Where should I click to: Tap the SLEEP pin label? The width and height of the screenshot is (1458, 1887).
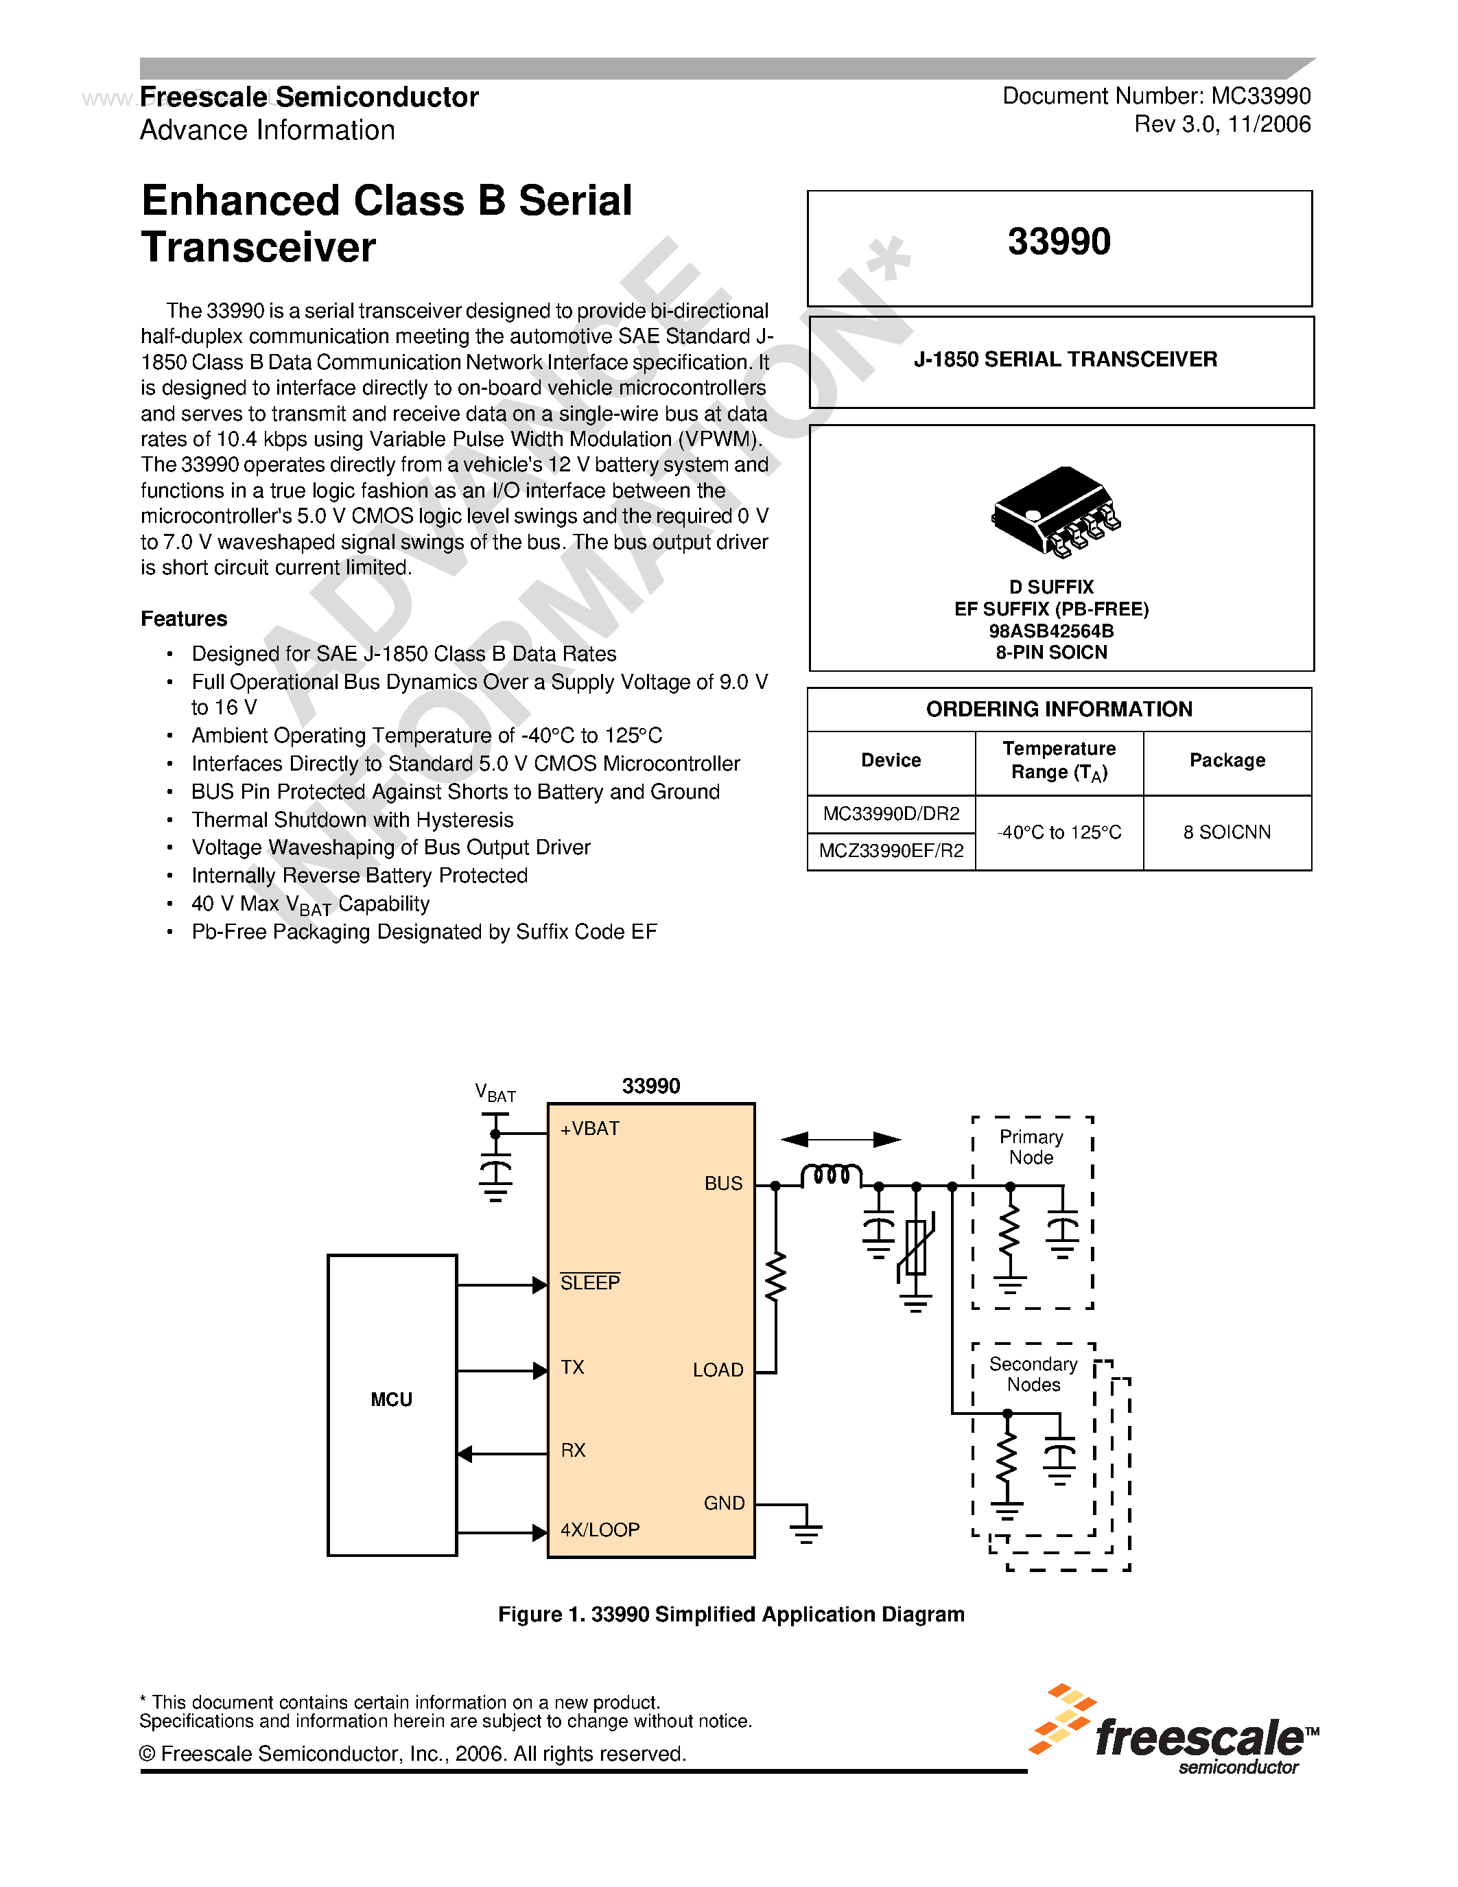click(x=590, y=1283)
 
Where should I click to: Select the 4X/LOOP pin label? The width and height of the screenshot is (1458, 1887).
click(x=600, y=1529)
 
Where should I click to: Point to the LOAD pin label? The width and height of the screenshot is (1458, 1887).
click(x=717, y=1370)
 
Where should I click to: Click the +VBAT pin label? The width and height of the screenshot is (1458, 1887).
click(x=589, y=1128)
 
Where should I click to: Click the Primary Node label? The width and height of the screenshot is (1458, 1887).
click(x=1031, y=1147)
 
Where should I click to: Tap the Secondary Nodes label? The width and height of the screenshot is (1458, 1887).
click(x=1033, y=1374)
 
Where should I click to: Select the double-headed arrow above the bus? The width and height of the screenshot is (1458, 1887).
click(x=840, y=1140)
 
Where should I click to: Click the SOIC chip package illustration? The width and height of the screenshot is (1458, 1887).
click(x=1055, y=510)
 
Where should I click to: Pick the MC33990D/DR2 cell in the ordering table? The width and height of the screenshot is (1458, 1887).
click(x=891, y=814)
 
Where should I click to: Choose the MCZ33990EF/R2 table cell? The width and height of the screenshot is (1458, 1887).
click(x=891, y=851)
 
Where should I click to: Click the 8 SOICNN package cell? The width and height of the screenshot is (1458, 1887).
click(x=1227, y=832)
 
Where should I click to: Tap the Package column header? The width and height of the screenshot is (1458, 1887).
click(x=1227, y=760)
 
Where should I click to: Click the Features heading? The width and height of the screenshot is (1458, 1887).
click(x=184, y=619)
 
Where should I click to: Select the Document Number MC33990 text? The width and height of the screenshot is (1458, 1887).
click(x=1155, y=96)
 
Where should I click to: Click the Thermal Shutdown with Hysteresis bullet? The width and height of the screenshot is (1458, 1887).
click(x=353, y=819)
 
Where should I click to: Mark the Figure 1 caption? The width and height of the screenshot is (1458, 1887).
click(x=731, y=1614)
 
